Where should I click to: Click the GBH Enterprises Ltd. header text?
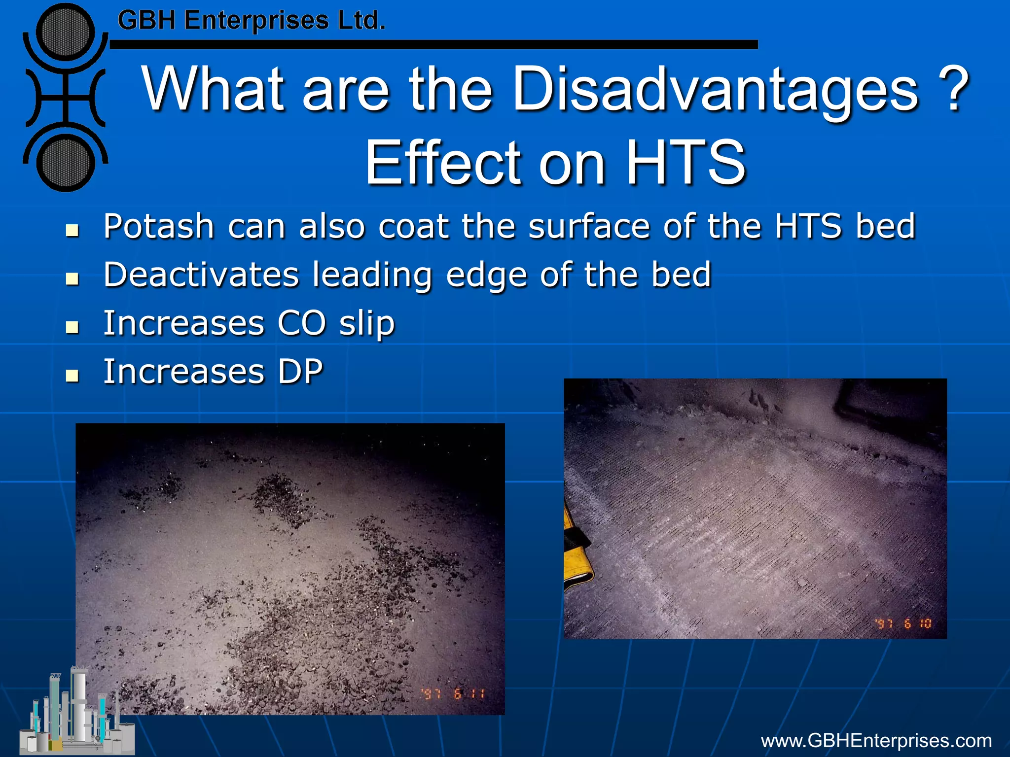[251, 21]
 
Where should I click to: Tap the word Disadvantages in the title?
[716, 90]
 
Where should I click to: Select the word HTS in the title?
[685, 162]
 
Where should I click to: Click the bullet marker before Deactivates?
[72, 279]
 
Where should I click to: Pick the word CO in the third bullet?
[301, 324]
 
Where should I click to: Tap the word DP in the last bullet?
[300, 372]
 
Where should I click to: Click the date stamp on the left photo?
[453, 694]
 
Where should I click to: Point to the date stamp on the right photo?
[903, 623]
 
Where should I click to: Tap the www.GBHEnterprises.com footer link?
[876, 741]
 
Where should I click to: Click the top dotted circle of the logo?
[66, 32]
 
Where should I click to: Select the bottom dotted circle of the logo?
[66, 162]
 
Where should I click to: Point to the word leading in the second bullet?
[372, 275]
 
